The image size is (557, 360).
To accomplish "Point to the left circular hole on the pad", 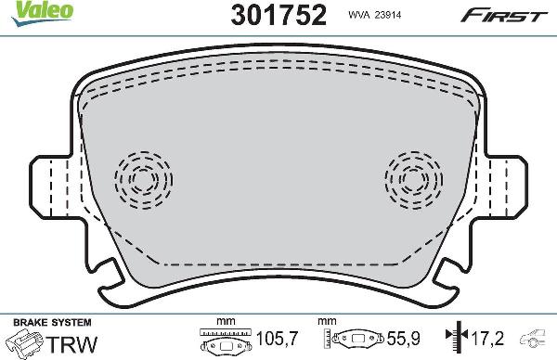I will point(144,176).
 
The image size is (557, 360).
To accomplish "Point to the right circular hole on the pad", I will point(413,176).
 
